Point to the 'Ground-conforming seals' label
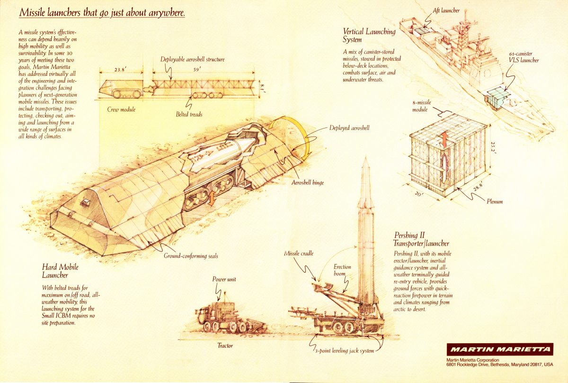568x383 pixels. pos(191,256)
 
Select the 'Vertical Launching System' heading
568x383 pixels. pos(369,36)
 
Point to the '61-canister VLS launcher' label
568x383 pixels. pos(524,57)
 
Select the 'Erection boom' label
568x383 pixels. pos(342,271)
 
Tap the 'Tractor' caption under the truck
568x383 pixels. pos(225,346)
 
